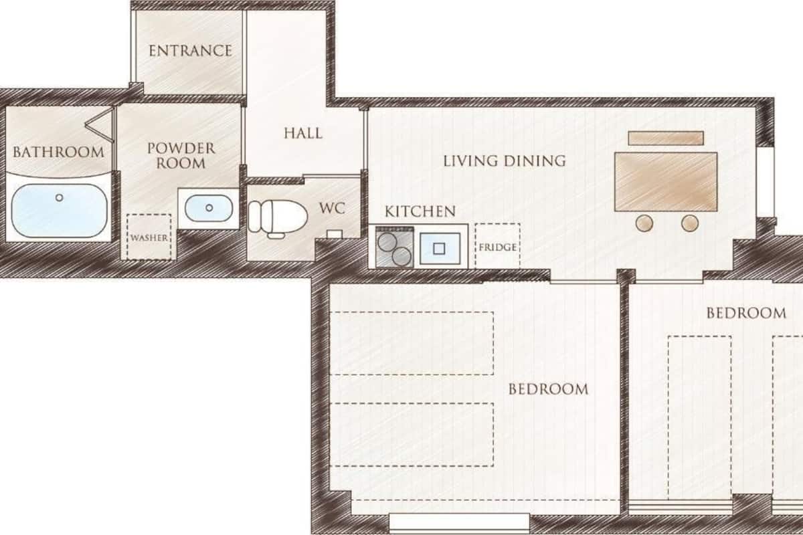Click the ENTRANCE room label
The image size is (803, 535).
tap(190, 51)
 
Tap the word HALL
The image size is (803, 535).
tap(303, 133)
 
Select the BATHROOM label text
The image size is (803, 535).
tap(58, 152)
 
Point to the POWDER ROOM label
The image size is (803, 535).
tap(181, 156)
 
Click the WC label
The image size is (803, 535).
tap(333, 208)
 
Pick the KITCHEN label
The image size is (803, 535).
tap(420, 211)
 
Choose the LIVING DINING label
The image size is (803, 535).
tap(505, 161)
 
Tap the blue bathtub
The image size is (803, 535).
tap(60, 211)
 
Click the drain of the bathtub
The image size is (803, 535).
tap(60, 197)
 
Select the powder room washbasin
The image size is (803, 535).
tap(209, 208)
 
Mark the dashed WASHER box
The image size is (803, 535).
tap(149, 237)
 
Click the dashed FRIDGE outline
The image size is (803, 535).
tap(498, 246)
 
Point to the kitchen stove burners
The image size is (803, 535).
tap(394, 247)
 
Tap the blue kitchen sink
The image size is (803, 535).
tap(440, 248)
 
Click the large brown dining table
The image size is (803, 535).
tap(666, 182)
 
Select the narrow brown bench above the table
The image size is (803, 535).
tap(666, 138)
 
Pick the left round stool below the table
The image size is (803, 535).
tap(644, 223)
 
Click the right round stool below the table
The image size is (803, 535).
tap(690, 223)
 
